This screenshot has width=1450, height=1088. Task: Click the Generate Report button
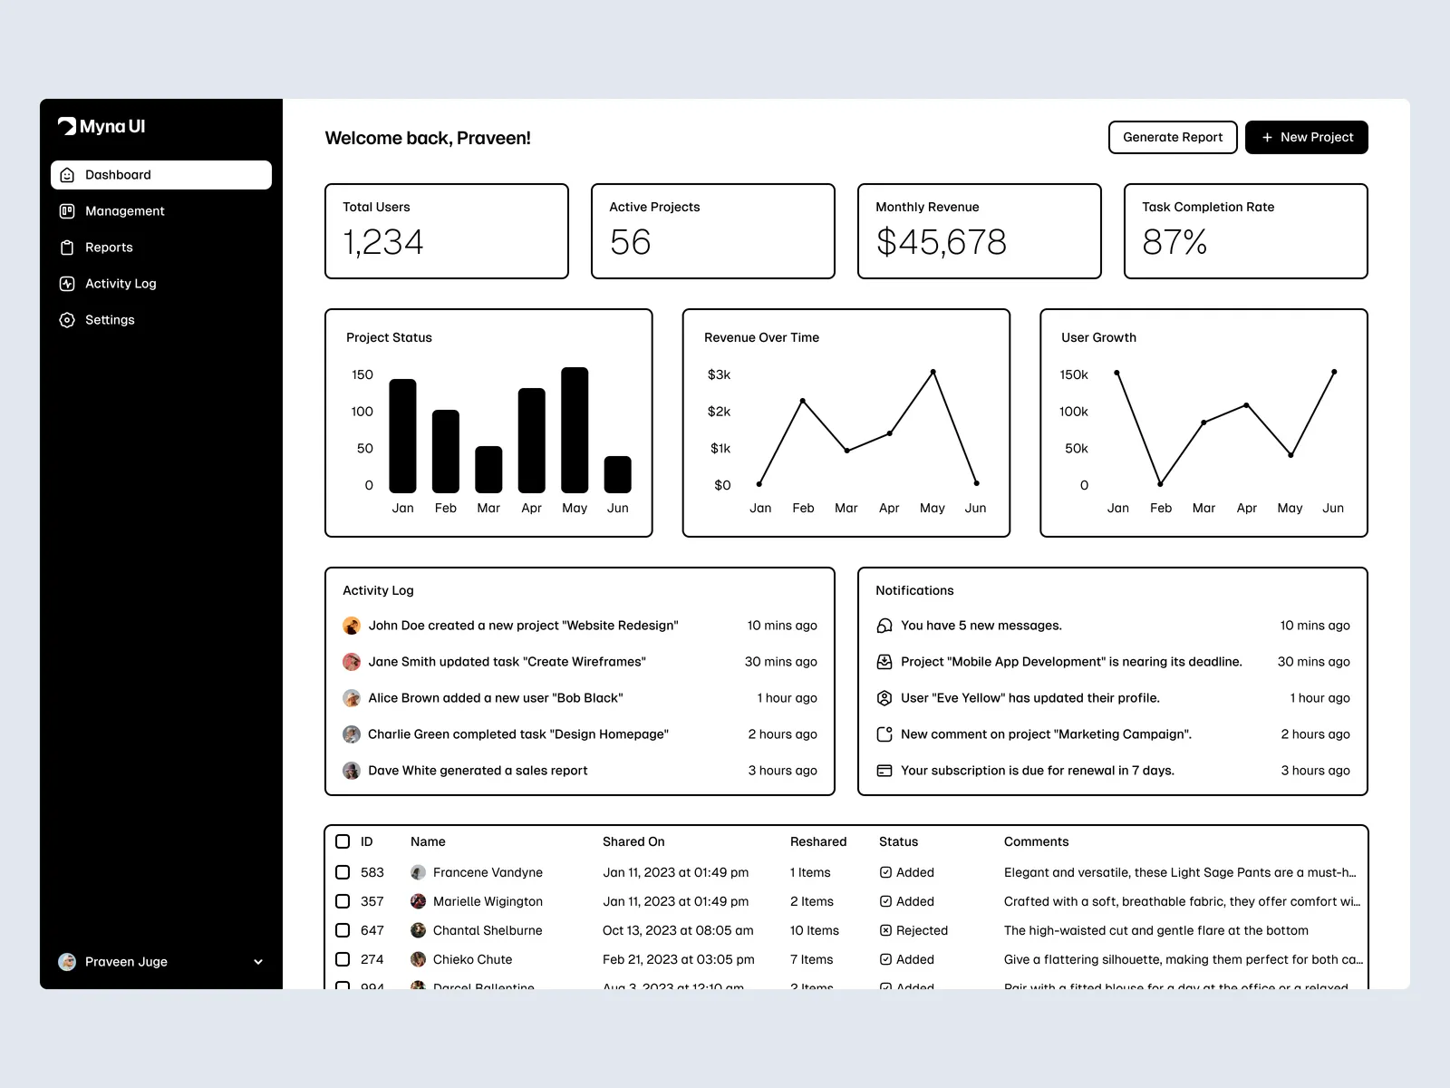click(x=1172, y=138)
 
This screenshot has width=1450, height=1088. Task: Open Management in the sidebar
click(x=124, y=211)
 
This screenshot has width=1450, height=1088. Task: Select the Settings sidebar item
click(x=109, y=320)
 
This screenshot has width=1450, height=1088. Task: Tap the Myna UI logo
click(x=101, y=127)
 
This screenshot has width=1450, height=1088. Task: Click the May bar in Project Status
click(x=575, y=431)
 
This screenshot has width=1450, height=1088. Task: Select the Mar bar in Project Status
click(x=488, y=470)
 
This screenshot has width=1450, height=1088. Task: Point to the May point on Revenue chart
click(x=933, y=373)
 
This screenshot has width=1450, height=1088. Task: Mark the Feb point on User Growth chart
click(x=1160, y=483)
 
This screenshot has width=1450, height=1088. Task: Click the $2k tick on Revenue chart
click(x=719, y=412)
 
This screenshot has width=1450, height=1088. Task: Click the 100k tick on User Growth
click(x=1073, y=412)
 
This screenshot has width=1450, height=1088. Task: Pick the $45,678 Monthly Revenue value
click(x=941, y=242)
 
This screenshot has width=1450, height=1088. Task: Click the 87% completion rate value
click(x=1174, y=242)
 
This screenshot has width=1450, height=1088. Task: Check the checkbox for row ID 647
click(x=343, y=930)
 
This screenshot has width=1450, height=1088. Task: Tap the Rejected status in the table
click(x=921, y=930)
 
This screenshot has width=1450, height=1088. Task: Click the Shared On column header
click(x=633, y=841)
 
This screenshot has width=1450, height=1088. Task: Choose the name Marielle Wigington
click(x=488, y=901)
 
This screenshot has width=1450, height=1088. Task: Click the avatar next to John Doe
click(x=352, y=626)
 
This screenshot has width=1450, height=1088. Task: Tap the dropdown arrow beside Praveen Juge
click(x=258, y=962)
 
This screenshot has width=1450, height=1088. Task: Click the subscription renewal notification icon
click(x=884, y=771)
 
